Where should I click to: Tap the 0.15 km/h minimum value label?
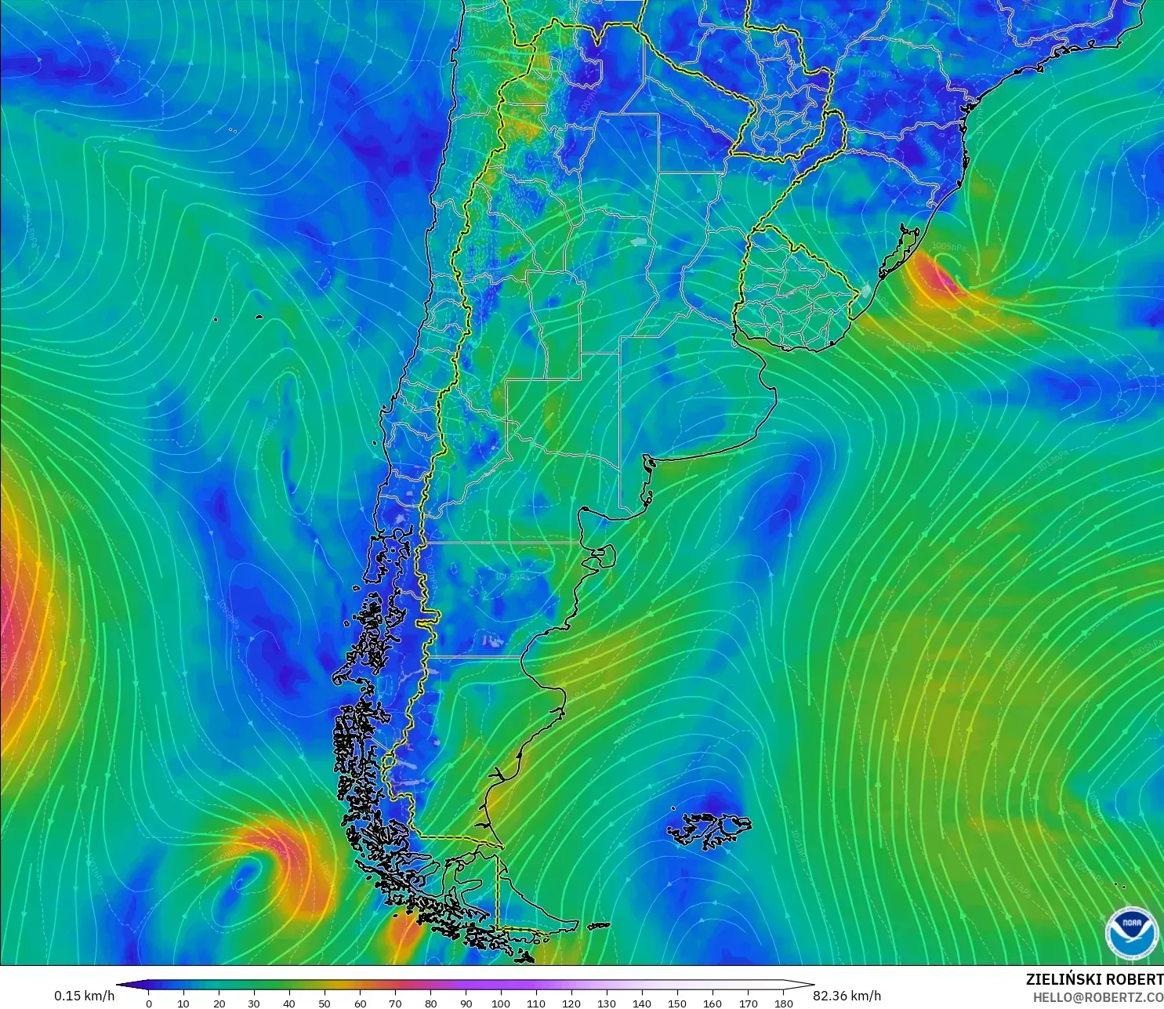point(84,996)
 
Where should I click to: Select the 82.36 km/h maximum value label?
point(847,996)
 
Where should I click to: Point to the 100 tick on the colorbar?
point(501,1003)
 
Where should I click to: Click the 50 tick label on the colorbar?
point(325,1003)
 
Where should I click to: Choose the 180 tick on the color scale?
point(783,1003)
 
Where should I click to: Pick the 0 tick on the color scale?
point(149,1003)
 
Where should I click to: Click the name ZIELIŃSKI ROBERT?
point(1094,979)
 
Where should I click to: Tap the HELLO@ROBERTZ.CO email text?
point(1097,997)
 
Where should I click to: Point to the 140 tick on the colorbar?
point(642,1003)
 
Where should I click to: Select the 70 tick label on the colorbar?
point(395,1003)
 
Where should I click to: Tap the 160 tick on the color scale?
point(713,1003)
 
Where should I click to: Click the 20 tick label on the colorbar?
point(219,1003)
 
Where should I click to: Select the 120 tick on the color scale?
point(571,1003)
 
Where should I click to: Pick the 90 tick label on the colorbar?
point(466,1003)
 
